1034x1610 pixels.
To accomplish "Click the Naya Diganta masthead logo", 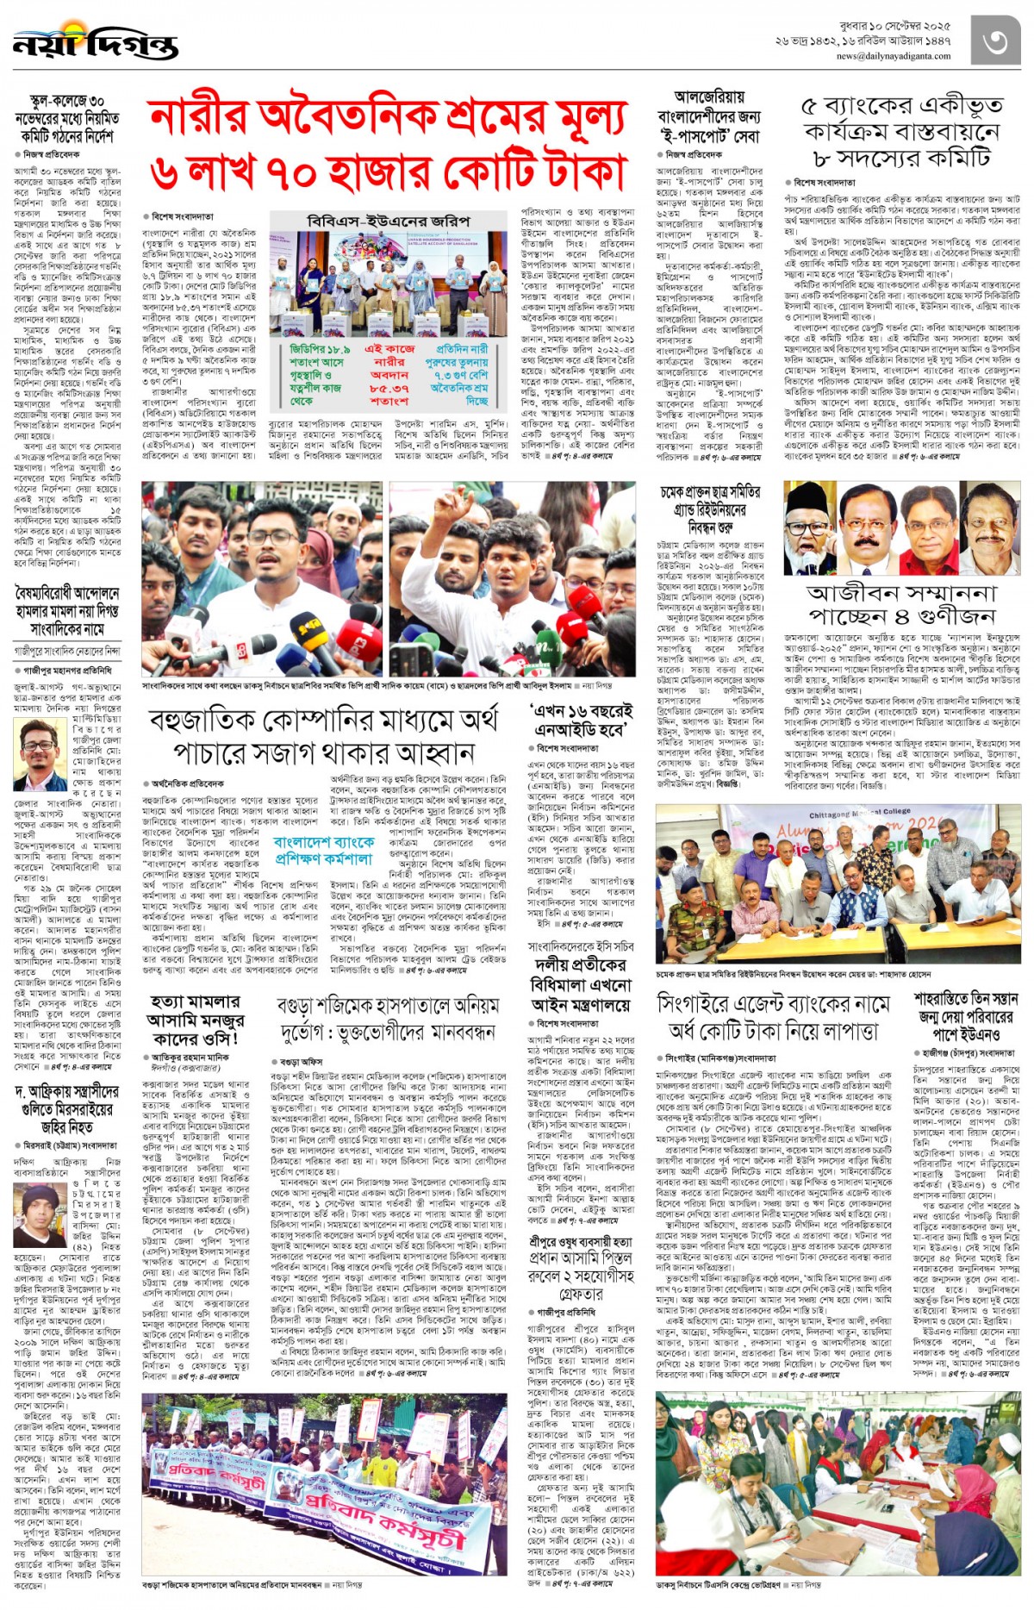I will point(95,42).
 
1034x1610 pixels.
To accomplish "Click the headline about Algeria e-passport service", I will point(708,117).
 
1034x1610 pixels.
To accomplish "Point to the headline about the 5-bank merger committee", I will point(901,133).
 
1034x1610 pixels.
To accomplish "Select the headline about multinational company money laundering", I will point(323,736).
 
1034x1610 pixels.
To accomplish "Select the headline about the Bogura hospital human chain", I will point(387,1018).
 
